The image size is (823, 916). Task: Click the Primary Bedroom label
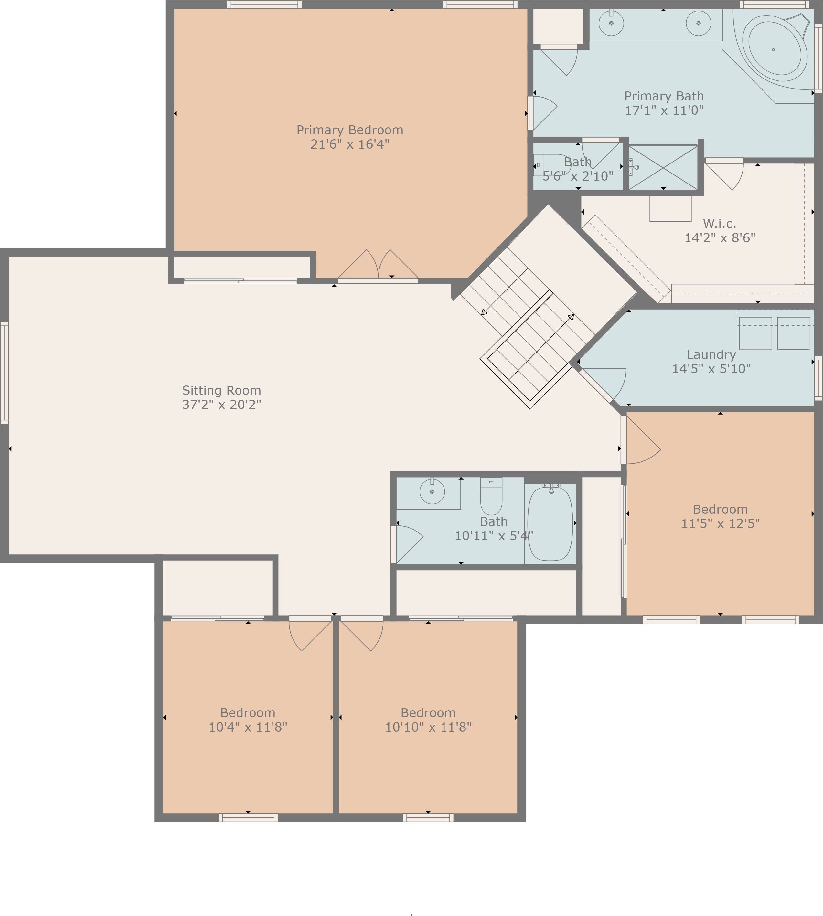(349, 130)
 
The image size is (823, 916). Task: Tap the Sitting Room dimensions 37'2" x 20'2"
(221, 405)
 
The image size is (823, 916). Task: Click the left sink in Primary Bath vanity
(611, 23)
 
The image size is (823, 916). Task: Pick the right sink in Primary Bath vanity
(698, 23)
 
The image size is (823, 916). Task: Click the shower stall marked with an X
(663, 167)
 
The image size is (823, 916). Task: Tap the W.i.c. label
(720, 224)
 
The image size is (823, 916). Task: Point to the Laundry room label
(711, 355)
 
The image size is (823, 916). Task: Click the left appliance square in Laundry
(755, 333)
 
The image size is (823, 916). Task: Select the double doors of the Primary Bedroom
(378, 267)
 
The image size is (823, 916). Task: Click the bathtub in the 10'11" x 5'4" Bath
(550, 523)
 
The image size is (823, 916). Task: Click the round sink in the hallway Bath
(432, 491)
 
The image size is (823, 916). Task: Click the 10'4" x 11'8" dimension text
(248, 727)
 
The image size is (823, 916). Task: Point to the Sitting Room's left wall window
(4, 373)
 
